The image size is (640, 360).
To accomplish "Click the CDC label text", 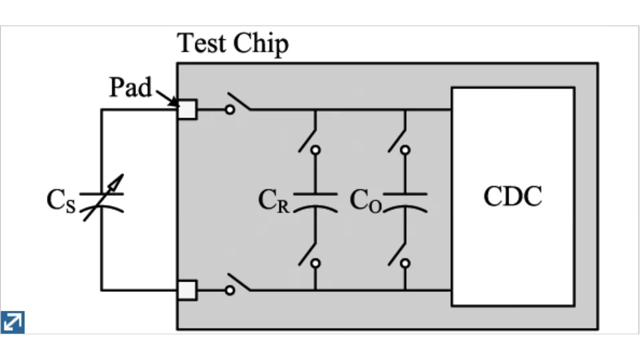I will point(512,196).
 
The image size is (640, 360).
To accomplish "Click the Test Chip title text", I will point(233,43).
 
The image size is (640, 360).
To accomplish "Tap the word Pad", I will point(130,88).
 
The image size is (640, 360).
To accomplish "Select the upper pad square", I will point(187,109).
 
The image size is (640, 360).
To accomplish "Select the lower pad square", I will point(187,290).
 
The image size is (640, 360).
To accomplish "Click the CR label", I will point(273,201).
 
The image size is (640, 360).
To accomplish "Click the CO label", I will point(365,201).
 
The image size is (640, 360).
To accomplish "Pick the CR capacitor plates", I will point(315,201).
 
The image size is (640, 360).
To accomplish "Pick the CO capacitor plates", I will point(405,201).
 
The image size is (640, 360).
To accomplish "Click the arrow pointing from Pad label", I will point(167,98).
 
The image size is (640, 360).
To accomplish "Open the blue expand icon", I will point(12,322).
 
